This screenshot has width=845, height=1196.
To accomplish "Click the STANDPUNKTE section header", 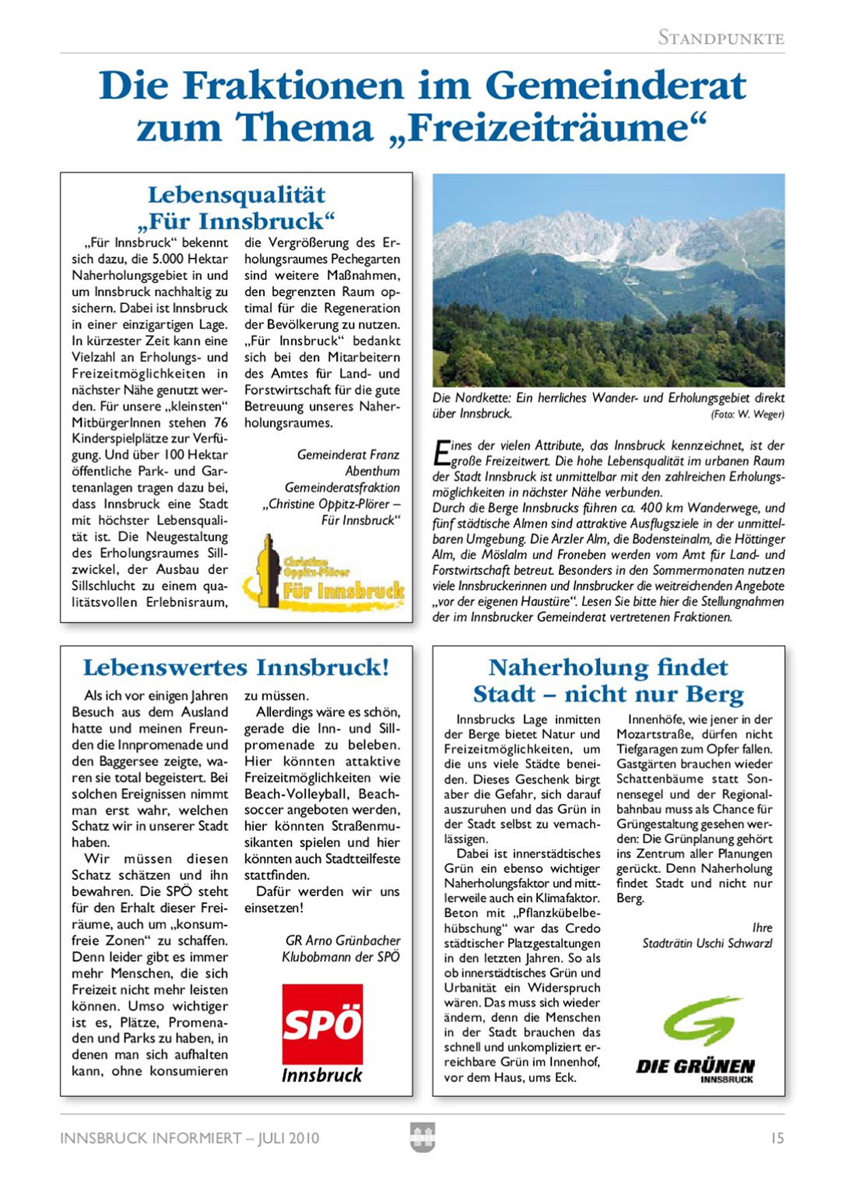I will click(x=721, y=38).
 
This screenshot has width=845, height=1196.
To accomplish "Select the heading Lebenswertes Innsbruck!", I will click(x=236, y=667).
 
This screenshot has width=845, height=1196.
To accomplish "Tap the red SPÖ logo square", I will click(x=322, y=1023).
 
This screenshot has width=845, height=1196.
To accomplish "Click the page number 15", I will click(x=777, y=1138).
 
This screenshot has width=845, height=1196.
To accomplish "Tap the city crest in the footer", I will click(x=422, y=1137).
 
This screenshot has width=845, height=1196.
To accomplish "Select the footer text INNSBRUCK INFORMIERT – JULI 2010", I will click(x=190, y=1138).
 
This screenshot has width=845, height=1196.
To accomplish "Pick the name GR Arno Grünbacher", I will click(x=342, y=940).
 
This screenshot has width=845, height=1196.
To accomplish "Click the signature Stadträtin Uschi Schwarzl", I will click(x=707, y=943).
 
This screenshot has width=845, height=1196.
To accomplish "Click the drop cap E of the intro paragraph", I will click(x=441, y=452).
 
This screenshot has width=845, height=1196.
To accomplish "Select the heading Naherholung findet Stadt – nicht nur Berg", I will click(x=608, y=680).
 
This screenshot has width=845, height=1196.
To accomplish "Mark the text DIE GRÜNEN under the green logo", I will click(x=695, y=1066).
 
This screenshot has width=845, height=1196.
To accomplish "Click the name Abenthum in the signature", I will click(x=372, y=471).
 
